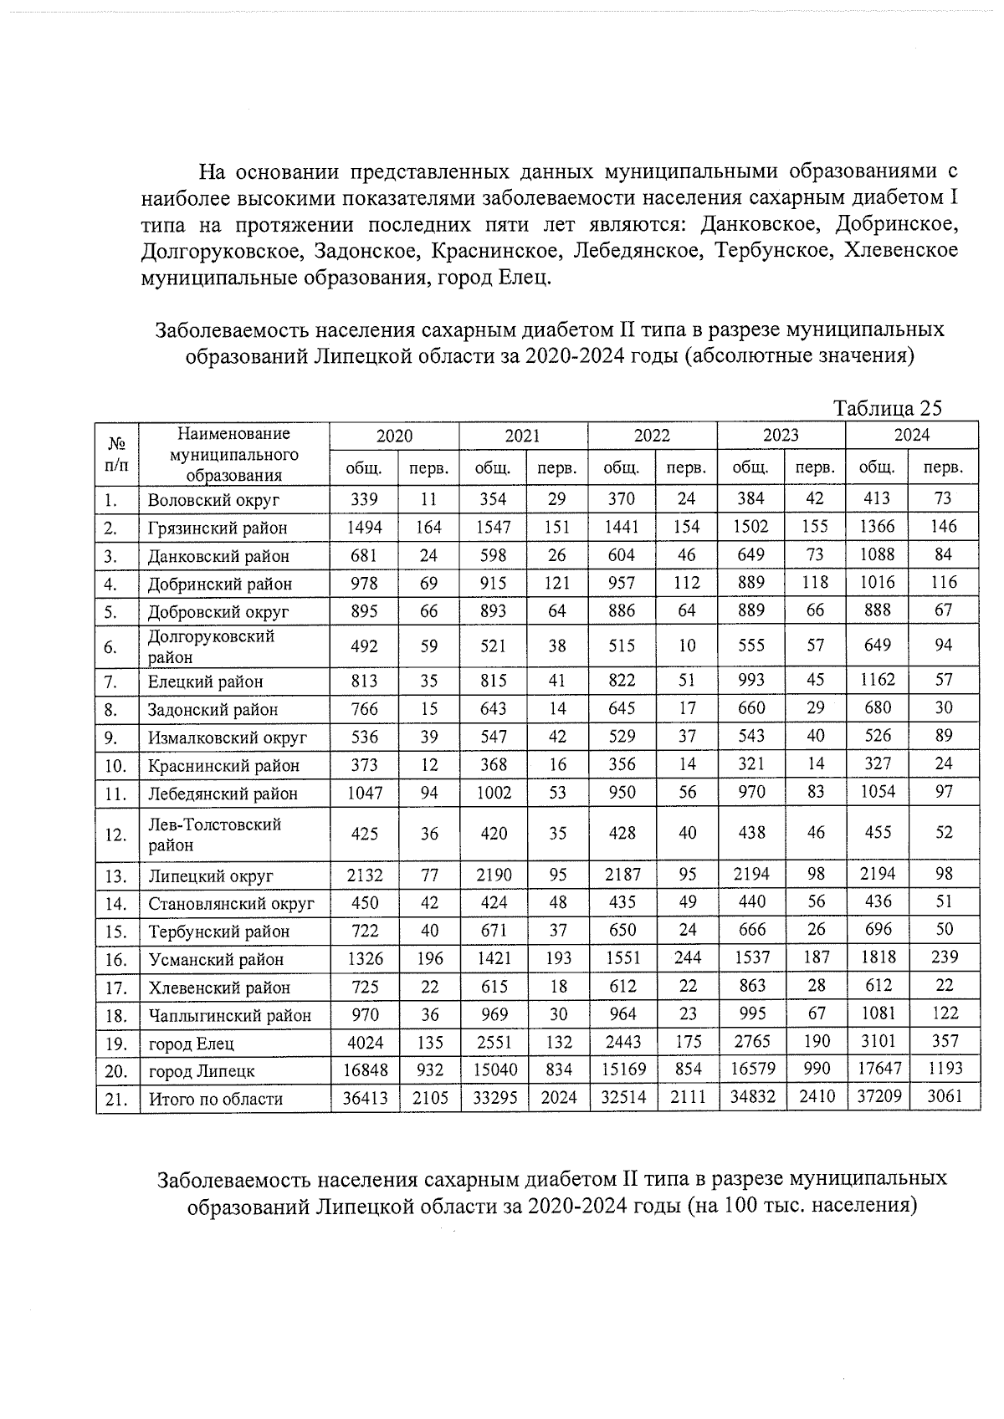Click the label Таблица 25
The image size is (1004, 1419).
(888, 408)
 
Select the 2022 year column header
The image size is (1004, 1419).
(651, 436)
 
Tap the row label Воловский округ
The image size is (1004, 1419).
(213, 501)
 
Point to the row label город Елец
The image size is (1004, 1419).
(192, 1044)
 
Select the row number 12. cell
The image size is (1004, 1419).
(116, 835)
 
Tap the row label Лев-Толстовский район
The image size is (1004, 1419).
(215, 835)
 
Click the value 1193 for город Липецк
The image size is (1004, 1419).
(945, 1069)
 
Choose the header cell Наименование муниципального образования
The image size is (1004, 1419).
(233, 454)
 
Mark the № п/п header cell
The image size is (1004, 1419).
(116, 454)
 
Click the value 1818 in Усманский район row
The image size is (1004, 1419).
(877, 957)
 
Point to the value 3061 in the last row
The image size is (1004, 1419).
(945, 1097)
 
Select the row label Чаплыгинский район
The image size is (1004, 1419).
(230, 1016)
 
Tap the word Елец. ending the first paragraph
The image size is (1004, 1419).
(525, 277)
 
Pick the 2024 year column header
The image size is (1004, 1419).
(911, 436)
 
